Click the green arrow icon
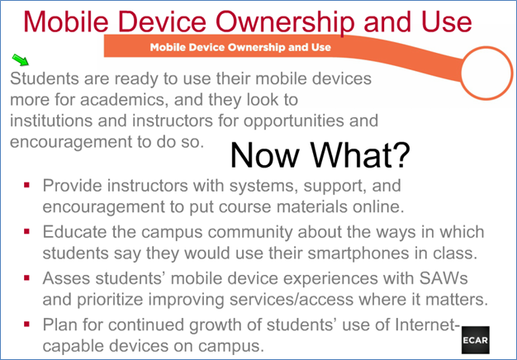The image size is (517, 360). (20, 59)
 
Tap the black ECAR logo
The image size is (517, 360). (475, 340)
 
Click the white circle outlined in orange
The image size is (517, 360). (486, 73)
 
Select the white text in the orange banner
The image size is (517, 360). (240, 47)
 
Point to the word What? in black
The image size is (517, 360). (360, 155)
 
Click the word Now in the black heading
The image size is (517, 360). (264, 155)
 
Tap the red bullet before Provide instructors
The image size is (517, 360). (27, 185)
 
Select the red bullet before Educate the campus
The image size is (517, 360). (27, 231)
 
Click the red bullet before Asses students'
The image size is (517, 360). (27, 278)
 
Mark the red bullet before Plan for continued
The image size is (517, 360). (27, 324)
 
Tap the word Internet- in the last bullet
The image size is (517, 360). (427, 324)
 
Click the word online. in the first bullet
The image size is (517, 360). (378, 206)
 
